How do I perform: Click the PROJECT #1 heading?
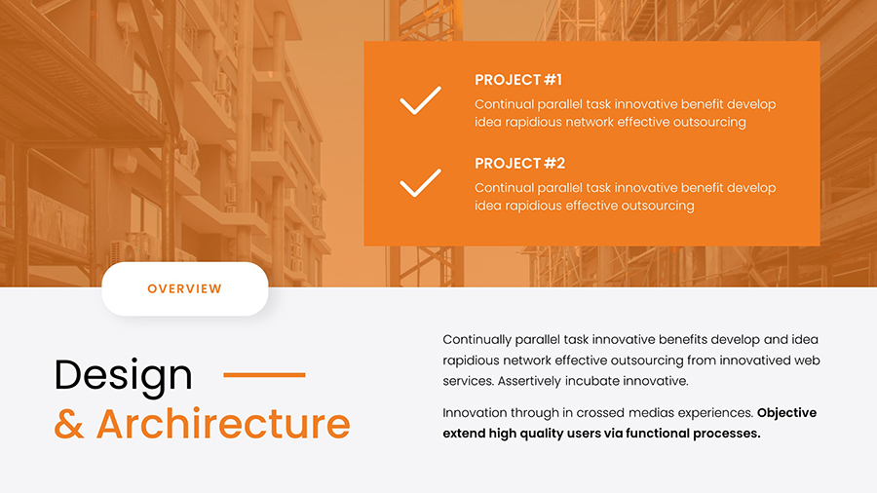click(x=517, y=80)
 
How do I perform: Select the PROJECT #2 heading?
click(x=519, y=164)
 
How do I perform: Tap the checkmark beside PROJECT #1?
click(x=420, y=100)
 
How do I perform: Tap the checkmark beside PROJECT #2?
click(x=420, y=183)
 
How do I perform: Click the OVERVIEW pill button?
click(x=184, y=289)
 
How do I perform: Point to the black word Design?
click(x=124, y=375)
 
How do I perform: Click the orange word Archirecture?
click(x=223, y=425)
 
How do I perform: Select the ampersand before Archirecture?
click(x=69, y=425)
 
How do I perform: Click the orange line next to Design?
click(x=264, y=374)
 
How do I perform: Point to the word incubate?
click(x=604, y=381)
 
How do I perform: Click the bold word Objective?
click(x=786, y=413)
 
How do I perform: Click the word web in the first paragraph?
click(x=805, y=360)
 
